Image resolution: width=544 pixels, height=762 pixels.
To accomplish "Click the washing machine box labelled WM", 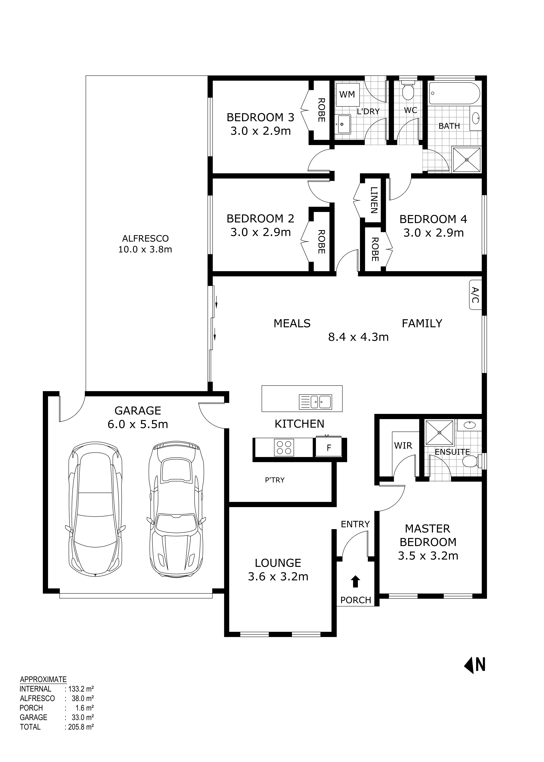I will click(347, 95).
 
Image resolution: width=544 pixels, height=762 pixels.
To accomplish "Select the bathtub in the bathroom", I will click(455, 93).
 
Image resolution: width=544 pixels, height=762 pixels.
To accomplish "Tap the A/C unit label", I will click(475, 295).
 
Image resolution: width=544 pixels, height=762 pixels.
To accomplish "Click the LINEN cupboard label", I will click(374, 200).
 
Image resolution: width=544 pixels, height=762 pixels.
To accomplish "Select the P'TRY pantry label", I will click(275, 480).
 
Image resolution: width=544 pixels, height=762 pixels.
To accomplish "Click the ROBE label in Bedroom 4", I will click(375, 250).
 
